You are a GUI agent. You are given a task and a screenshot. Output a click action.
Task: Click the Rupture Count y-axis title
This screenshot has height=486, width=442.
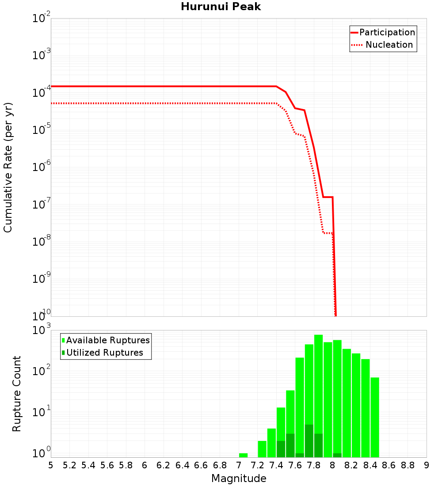[x=17, y=394]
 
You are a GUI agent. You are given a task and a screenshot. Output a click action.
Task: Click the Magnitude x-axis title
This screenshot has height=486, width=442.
[x=239, y=478]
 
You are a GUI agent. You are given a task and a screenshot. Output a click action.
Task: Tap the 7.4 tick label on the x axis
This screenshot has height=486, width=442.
[x=276, y=465]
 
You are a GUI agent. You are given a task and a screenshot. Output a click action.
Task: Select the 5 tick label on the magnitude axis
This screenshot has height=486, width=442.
[x=51, y=465]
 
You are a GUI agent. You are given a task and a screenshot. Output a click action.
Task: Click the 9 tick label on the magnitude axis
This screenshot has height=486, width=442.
[x=427, y=465]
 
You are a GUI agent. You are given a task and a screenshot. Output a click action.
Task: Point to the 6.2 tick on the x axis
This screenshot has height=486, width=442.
[x=164, y=465]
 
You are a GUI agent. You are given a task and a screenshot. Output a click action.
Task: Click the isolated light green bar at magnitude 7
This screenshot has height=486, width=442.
[x=243, y=455]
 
